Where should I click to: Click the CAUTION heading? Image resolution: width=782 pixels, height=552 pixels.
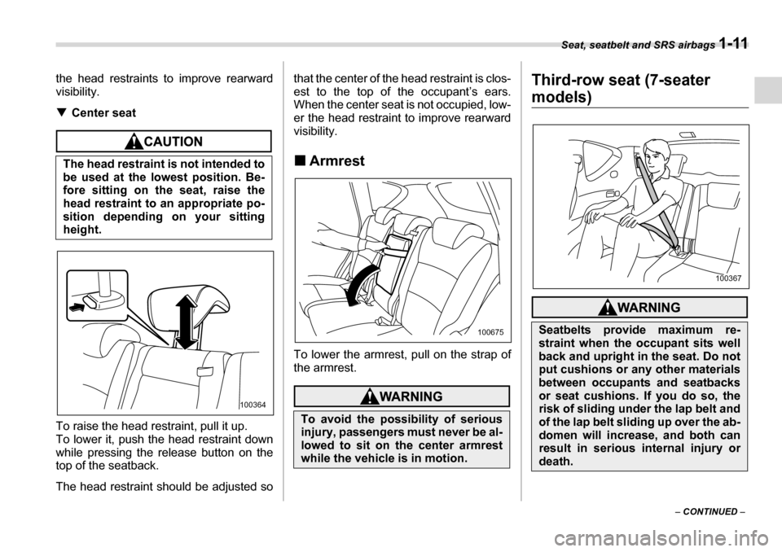(x=171, y=142)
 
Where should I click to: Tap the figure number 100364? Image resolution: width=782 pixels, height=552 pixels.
(x=255, y=404)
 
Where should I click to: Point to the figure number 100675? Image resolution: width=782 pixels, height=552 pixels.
(x=490, y=332)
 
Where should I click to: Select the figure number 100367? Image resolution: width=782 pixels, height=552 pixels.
(x=729, y=278)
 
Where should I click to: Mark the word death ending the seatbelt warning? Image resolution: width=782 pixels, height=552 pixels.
(x=558, y=463)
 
